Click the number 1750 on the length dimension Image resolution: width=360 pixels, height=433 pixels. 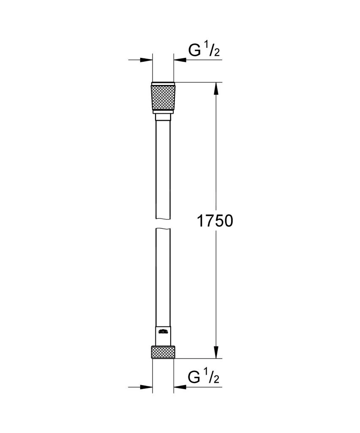(x=215, y=221)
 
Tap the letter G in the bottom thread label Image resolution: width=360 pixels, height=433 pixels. (x=194, y=377)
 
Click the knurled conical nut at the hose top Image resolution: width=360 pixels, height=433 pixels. (x=163, y=98)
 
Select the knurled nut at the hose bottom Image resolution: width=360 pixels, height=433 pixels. (x=163, y=352)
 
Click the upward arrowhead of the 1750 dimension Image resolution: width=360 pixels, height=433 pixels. (x=216, y=88)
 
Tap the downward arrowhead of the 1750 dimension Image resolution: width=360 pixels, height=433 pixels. (x=216, y=352)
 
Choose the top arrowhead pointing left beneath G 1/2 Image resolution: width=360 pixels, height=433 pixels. (x=179, y=60)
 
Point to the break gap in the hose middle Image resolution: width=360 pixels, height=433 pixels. (x=163, y=224)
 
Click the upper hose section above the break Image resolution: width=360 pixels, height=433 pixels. (x=163, y=169)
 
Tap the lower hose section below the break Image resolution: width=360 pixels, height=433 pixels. (x=163, y=275)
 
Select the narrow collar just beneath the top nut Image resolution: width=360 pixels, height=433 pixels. (x=163, y=116)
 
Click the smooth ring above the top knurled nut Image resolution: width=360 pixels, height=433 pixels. (x=163, y=83)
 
